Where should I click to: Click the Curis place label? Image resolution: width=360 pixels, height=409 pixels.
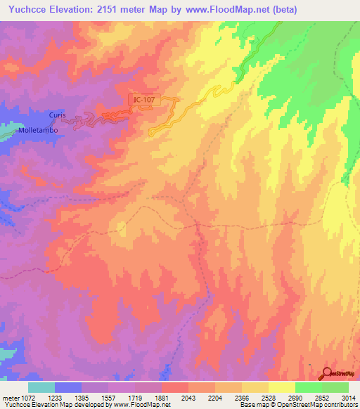pyautogui.click(x=57, y=115)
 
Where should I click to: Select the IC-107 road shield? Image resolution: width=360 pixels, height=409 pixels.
pyautogui.click(x=143, y=100)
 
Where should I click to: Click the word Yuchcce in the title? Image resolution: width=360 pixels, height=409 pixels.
pyautogui.click(x=27, y=10)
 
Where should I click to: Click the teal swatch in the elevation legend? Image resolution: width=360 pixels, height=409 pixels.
pyautogui.click(x=41, y=387)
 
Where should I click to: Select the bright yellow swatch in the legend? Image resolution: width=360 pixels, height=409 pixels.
pyautogui.click(x=281, y=387)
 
